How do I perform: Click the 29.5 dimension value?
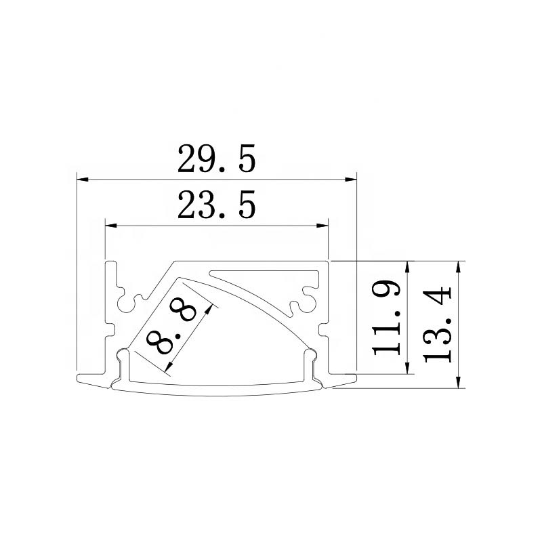pyautogui.click(x=217, y=159)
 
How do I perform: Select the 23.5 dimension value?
pyautogui.click(x=217, y=205)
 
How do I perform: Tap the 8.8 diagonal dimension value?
pyautogui.click(x=171, y=327)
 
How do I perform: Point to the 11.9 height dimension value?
pyautogui.click(x=387, y=317)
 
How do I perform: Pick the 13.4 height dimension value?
pyautogui.click(x=437, y=325)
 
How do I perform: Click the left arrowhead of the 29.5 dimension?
pyautogui.click(x=83, y=180)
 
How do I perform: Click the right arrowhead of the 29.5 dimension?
pyautogui.click(x=350, y=180)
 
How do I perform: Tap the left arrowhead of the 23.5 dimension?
pyautogui.click(x=111, y=226)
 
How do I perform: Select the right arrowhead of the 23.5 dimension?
pyautogui.click(x=322, y=226)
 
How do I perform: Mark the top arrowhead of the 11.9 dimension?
pyautogui.click(x=408, y=267)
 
